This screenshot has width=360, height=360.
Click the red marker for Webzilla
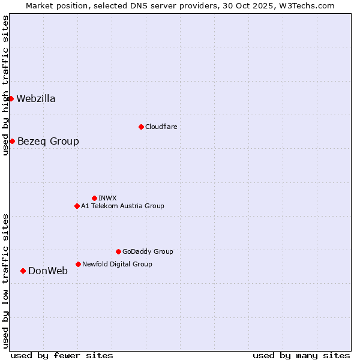tap(11, 98)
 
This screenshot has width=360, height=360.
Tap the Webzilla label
tap(36, 99)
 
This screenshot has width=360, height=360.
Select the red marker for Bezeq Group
tap(12, 141)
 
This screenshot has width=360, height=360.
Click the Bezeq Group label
tap(48, 142)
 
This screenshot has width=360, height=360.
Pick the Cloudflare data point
tap(141, 127)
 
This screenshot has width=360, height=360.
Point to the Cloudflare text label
tap(161, 127)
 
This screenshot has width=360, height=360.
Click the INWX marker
tap(94, 198)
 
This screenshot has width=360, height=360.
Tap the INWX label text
tap(107, 198)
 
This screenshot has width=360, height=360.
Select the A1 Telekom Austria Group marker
tap(77, 206)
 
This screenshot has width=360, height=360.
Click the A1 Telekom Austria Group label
tap(122, 206)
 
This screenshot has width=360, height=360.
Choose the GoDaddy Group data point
tap(118, 251)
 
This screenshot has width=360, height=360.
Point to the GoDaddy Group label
tap(148, 252)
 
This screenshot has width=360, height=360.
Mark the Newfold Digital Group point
tap(78, 264)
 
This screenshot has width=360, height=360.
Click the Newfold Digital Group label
tap(117, 264)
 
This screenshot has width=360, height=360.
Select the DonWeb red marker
tap(23, 271)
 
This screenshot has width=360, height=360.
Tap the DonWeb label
tap(48, 271)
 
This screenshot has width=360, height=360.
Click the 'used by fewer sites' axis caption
tap(62, 355)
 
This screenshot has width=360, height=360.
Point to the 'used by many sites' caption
tap(301, 355)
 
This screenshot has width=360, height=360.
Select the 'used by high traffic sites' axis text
tap(5, 85)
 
